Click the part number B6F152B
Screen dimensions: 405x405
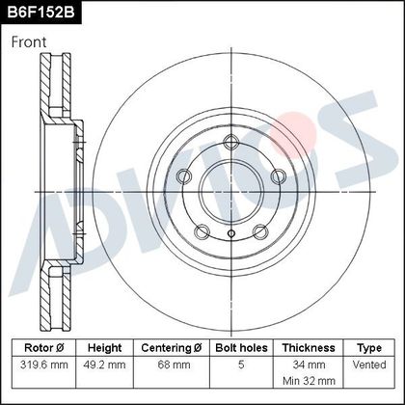pos(40,13)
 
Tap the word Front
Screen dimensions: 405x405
pos(29,42)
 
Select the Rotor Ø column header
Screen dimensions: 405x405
pos(44,348)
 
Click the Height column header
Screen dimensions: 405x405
pos(104,348)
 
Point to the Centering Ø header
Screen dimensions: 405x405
pos(172,348)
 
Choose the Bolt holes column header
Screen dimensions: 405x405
pos(241,348)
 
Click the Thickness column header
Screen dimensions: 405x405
pos(309,348)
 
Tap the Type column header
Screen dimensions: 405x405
pos(369,348)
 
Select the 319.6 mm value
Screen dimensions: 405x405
pos(44,364)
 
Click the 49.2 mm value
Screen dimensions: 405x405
pos(104,364)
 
